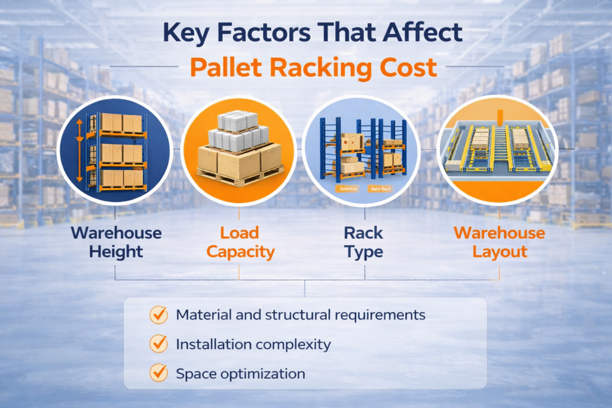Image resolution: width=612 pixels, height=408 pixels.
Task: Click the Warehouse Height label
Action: (x=116, y=242)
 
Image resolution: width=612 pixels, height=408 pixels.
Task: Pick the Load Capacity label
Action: (x=240, y=242)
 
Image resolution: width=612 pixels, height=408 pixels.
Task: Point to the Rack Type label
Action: (x=363, y=242)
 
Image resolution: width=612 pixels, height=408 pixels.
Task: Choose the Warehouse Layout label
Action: (x=500, y=242)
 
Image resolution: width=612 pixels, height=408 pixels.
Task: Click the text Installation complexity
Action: (x=253, y=344)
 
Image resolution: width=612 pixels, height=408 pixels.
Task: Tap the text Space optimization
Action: (x=240, y=374)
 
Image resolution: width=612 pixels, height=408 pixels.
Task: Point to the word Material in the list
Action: (x=200, y=315)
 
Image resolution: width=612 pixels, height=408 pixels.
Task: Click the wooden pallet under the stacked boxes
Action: (x=239, y=175)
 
